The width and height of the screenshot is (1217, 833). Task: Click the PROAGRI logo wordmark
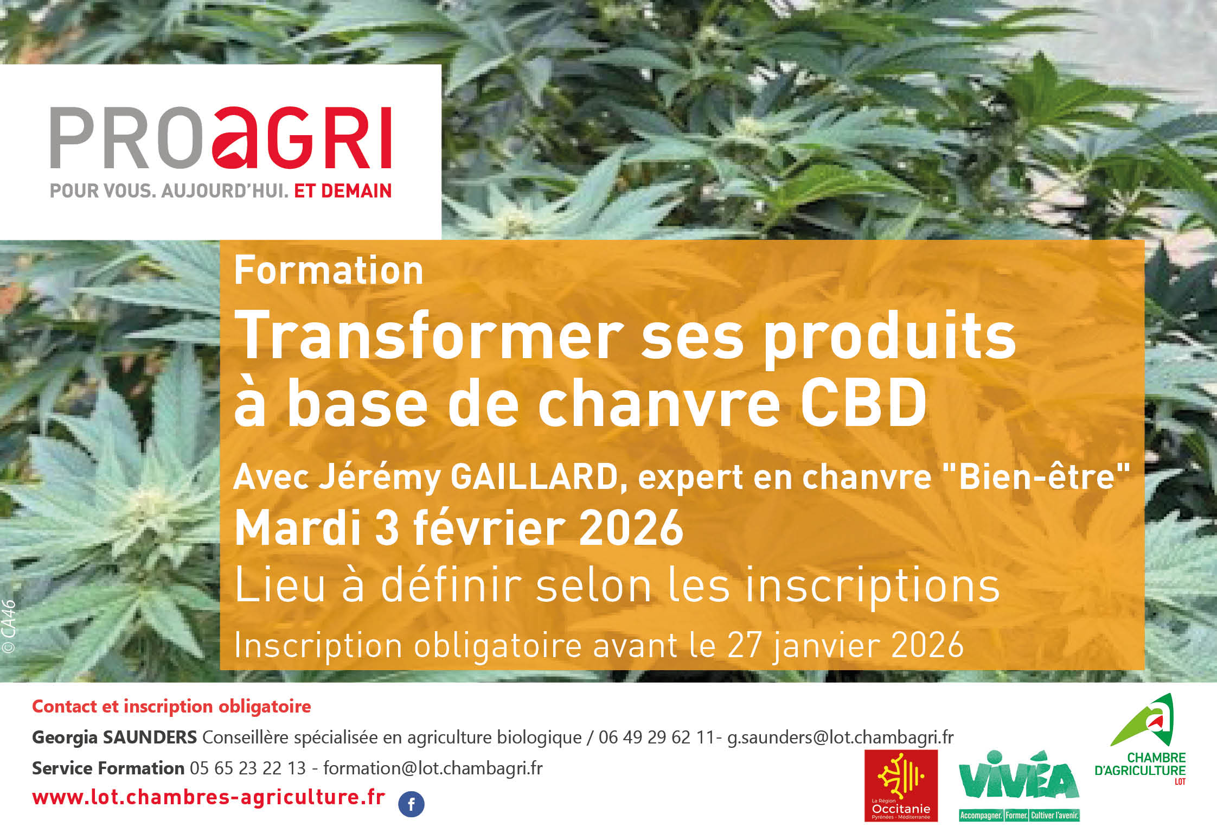[221, 138]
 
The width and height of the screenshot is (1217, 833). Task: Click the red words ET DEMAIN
[342, 191]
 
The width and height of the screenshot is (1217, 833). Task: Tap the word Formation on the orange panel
[328, 270]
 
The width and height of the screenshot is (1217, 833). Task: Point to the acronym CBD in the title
[863, 403]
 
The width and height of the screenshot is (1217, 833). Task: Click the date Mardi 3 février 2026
[459, 528]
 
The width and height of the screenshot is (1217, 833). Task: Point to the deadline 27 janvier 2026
[845, 645]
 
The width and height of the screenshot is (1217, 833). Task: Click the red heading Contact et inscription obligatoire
[171, 706]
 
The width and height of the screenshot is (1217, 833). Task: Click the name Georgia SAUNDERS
[114, 737]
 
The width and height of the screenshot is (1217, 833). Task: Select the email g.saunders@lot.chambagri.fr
[840, 737]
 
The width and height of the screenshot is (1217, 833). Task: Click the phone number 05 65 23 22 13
[248, 768]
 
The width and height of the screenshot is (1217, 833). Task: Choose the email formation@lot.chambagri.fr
[433, 768]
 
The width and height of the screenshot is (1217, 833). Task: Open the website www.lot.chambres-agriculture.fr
[209, 797]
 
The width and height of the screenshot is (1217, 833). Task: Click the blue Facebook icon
[411, 804]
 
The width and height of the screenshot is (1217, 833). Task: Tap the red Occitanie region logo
[901, 785]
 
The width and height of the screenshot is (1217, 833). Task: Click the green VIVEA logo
[1019, 784]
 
